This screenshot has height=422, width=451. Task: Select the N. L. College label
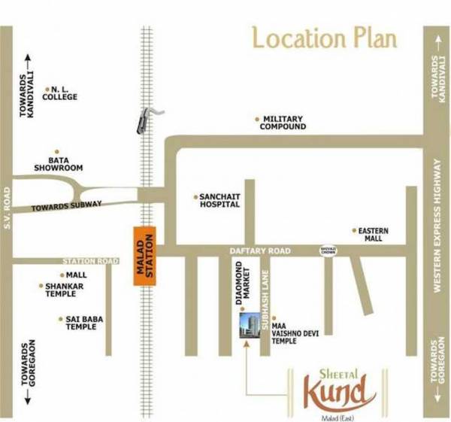tap(61, 93)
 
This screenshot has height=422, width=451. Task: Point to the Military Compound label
tap(283, 123)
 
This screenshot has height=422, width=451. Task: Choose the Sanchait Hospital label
tap(219, 200)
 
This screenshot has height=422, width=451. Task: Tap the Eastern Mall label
tap(370, 234)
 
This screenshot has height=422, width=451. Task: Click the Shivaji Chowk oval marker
tap(328, 249)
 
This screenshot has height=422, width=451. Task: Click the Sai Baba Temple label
tap(80, 323)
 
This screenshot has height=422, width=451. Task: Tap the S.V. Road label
tap(6, 217)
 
